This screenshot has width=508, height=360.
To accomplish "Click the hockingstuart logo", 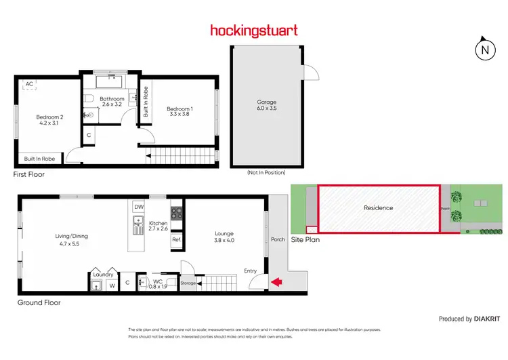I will tap(254, 31).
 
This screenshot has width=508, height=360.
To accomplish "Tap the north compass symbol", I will tap(484, 49).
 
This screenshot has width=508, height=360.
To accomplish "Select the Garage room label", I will tap(266, 102).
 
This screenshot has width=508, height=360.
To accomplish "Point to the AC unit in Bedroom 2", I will tap(29, 84).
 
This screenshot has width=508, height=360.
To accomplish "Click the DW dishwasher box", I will tap(139, 207).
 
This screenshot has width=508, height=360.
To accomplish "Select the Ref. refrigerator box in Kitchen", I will tap(175, 239).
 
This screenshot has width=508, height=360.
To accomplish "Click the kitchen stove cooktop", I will tap(175, 212).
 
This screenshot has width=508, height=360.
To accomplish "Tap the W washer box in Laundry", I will tap(110, 285).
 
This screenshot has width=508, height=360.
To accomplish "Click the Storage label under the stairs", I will tap(188, 283).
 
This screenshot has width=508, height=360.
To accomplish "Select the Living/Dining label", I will tap(72, 237).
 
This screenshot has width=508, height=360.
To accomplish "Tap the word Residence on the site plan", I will tap(378, 208).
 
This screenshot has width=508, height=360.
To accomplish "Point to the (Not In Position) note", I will tap(266, 173).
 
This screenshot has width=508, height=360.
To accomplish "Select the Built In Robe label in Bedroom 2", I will tap(40, 159).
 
